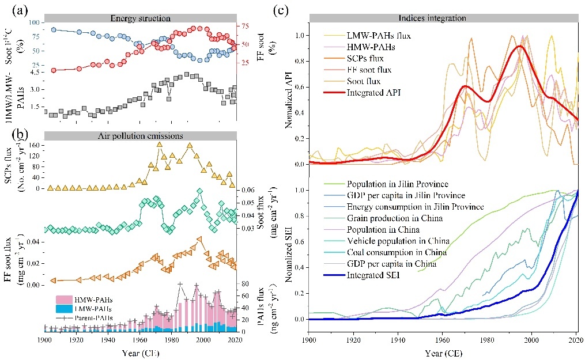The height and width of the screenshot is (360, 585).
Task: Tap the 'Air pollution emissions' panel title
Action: tap(139, 135)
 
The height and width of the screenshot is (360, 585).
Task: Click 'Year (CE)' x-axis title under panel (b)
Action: tap(140, 352)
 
